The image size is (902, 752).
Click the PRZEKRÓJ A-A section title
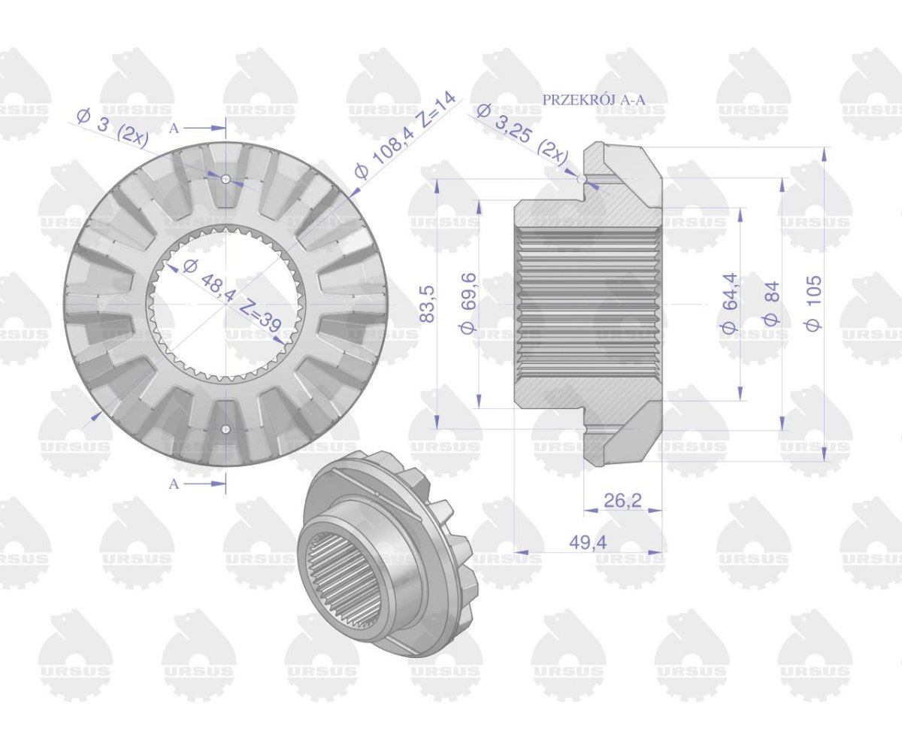click(x=594, y=100)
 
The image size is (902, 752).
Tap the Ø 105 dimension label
click(x=813, y=303)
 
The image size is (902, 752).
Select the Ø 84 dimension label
click(x=771, y=303)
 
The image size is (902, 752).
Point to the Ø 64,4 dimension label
click(x=729, y=303)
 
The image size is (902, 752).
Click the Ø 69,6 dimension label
click(x=468, y=302)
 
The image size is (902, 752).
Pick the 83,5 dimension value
click(x=427, y=303)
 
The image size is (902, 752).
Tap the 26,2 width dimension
click(x=622, y=501)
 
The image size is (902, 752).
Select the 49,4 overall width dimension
click(x=588, y=542)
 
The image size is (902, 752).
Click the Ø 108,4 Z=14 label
click(x=405, y=136)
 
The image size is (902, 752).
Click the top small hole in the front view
click(x=225, y=178)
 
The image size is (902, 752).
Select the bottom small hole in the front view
click(x=225, y=429)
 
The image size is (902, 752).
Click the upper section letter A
click(x=174, y=129)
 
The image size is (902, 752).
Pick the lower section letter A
click(x=174, y=484)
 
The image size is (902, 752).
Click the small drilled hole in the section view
click(x=582, y=178)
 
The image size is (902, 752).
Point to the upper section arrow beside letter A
click(x=207, y=129)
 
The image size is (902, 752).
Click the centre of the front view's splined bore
click(x=225, y=304)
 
